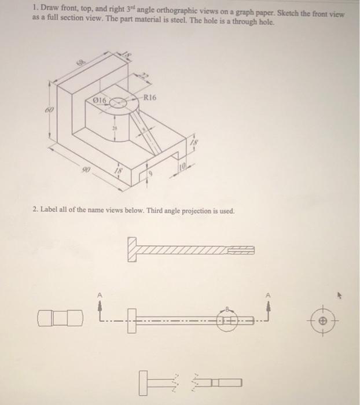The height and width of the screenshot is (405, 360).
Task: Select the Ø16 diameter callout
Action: (96, 101)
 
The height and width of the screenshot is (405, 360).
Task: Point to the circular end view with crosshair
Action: (323, 319)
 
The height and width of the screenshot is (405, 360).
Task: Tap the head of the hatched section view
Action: (133, 249)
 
